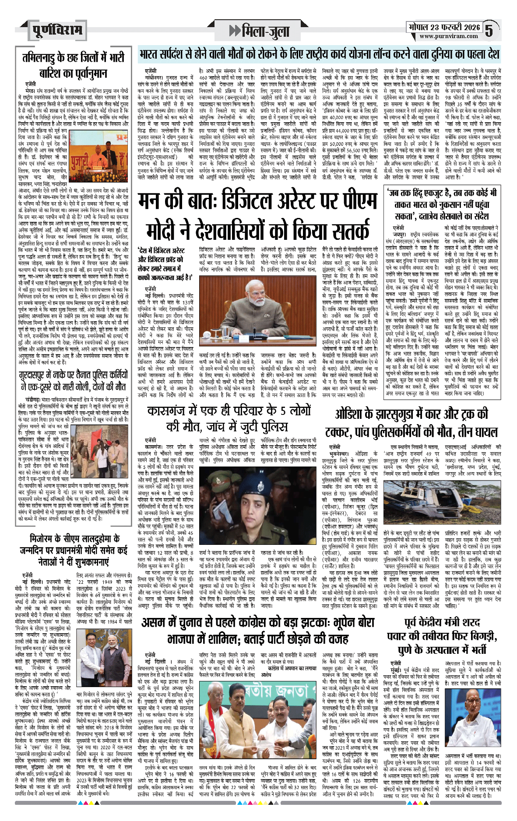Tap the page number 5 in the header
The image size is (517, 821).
[489, 30]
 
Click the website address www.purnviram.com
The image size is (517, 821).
[448, 36]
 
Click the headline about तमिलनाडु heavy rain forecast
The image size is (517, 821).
[73, 65]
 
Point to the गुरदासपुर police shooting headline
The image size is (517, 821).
[73, 381]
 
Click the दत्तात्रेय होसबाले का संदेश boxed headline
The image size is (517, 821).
[441, 204]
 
